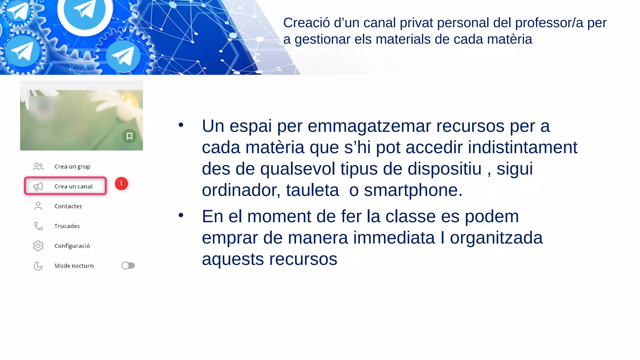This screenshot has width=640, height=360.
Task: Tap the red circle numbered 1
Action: (121, 183)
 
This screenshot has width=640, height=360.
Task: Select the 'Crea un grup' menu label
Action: (72, 167)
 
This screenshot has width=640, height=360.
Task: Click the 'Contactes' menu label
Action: (68, 206)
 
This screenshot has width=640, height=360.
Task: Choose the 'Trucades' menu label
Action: (67, 226)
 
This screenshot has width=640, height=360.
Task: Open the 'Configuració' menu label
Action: (72, 246)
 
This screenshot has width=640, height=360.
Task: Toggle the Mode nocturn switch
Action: (128, 266)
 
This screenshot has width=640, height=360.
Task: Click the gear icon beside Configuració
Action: (38, 246)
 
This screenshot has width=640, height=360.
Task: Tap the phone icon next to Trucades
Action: (38, 226)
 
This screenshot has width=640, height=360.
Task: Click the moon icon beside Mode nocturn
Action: (38, 266)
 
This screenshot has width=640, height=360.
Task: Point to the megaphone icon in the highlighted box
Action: (38, 187)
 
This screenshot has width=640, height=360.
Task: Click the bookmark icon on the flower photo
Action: (129, 136)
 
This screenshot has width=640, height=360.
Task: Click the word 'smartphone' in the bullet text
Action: (411, 190)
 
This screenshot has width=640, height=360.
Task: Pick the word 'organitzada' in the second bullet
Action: (496, 238)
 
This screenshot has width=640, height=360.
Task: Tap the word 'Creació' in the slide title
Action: (306, 23)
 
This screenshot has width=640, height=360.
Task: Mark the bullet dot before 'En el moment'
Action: (181, 215)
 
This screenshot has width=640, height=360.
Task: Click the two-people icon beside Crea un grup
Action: (38, 166)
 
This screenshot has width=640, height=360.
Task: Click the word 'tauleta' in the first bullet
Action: (312, 190)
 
